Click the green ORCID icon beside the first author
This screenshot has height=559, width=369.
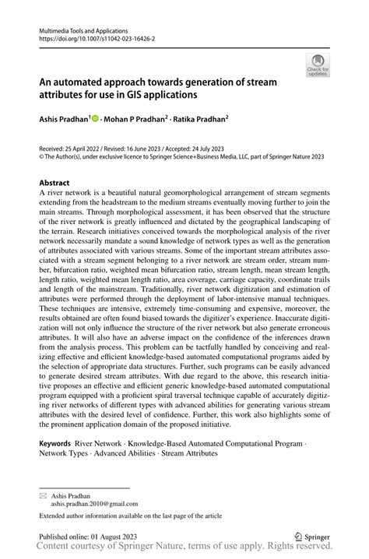(x=96, y=121)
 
